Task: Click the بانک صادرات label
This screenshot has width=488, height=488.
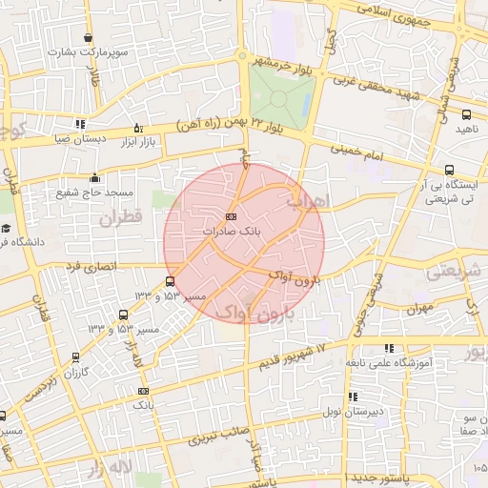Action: coord(233,231)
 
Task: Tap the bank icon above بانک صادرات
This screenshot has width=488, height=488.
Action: coord(232,217)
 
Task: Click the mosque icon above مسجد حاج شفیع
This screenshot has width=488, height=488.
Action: coord(93,178)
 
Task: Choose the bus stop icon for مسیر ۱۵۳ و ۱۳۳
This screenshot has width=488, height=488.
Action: coord(170,281)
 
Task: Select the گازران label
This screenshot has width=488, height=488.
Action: coord(73,371)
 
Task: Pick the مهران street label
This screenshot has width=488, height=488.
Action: coord(418,309)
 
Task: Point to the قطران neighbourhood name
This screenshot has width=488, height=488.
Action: coord(118,217)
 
